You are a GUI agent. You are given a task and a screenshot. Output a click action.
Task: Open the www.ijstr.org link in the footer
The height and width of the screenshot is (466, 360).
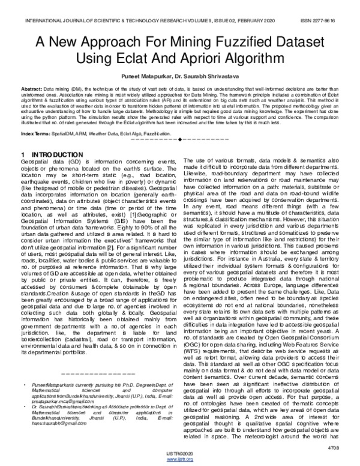click(179, 459)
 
